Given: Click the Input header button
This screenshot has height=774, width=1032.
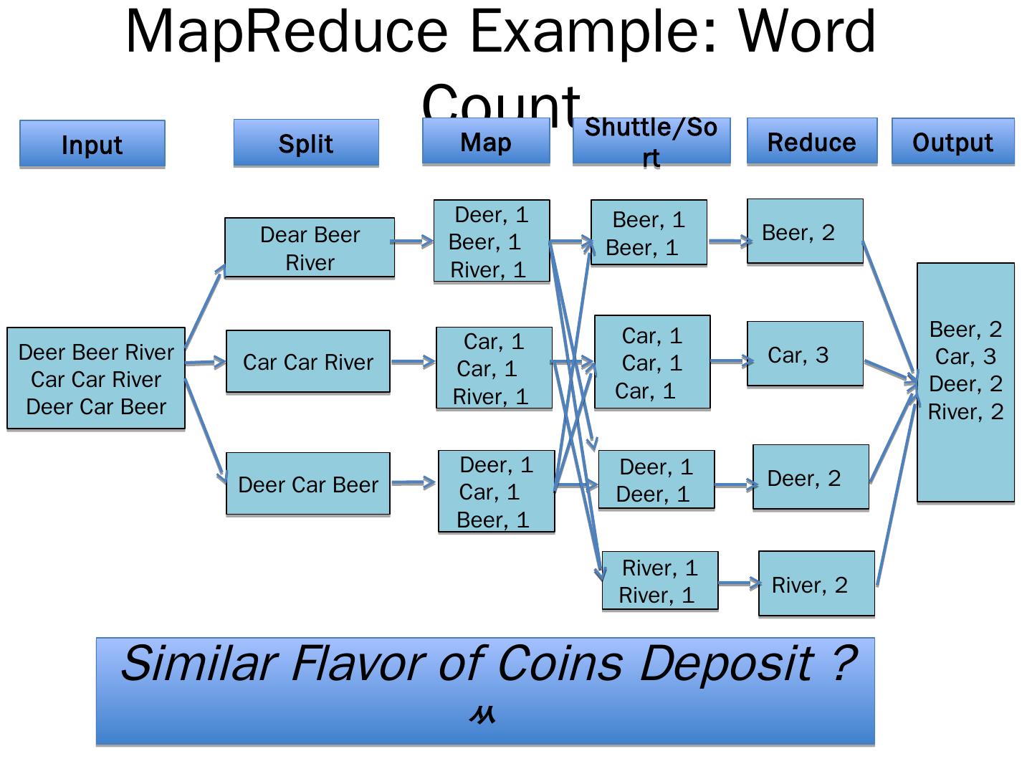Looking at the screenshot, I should pyautogui.click(x=92, y=144).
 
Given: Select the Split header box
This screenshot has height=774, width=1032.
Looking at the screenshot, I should pyautogui.click(x=306, y=143).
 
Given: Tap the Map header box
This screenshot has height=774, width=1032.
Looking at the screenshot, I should pyautogui.click(x=486, y=142).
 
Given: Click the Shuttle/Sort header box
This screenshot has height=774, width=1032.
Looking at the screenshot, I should pyautogui.click(x=651, y=142).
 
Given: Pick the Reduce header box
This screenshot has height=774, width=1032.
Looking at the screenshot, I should pyautogui.click(x=812, y=142).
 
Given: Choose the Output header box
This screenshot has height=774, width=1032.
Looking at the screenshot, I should pyautogui.click(x=952, y=142).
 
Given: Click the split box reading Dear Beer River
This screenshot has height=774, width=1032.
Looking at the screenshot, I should pyautogui.click(x=310, y=248).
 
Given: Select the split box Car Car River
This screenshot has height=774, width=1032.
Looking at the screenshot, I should pyautogui.click(x=308, y=362).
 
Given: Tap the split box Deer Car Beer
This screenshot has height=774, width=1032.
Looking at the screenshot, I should pyautogui.click(x=308, y=484).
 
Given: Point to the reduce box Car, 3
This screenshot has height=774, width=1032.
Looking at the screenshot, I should pyautogui.click(x=805, y=355).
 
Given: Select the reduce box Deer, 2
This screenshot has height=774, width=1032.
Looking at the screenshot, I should pyautogui.click(x=811, y=478).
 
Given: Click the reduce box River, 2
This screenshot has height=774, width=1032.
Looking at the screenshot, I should pyautogui.click(x=816, y=584).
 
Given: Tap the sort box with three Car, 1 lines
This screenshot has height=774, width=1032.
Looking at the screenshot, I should pyautogui.click(x=652, y=363).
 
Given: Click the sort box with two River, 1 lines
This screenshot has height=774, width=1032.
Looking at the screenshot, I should pyautogui.click(x=660, y=581).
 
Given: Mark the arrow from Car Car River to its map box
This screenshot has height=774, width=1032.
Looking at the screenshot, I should pyautogui.click(x=413, y=361).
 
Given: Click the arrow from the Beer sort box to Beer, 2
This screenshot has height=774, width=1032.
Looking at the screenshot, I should pyautogui.click(x=727, y=242).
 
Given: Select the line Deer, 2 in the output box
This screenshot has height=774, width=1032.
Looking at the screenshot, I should pyautogui.click(x=965, y=384).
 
